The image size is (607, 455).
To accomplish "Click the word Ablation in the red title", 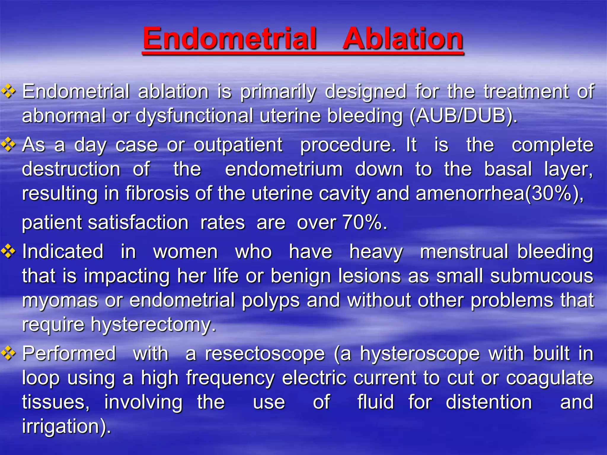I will pyautogui.click(x=403, y=39).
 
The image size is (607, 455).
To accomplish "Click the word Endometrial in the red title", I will pyautogui.click(x=230, y=39).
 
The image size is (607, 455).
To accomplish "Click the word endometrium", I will pyautogui.click(x=284, y=169).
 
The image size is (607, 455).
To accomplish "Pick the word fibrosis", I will pyautogui.click(x=157, y=193).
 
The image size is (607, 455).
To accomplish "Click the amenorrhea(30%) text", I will pyautogui.click(x=499, y=193).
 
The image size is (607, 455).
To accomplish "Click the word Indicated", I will pyautogui.click(x=63, y=252).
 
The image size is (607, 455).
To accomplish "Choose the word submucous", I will pyautogui.click(x=541, y=276).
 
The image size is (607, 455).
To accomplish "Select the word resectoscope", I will pyautogui.click(x=265, y=354).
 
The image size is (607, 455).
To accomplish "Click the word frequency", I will pyautogui.click(x=230, y=378).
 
